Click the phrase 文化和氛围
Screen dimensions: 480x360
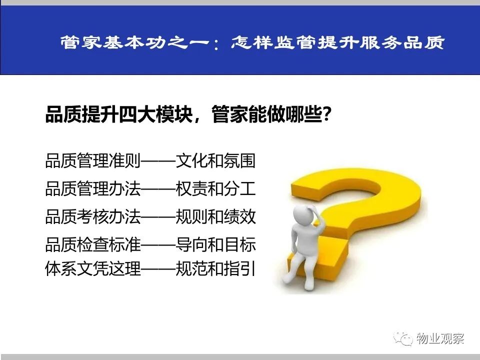click(215, 160)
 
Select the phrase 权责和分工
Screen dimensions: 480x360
click(215, 188)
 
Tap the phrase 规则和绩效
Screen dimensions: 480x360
click(215, 216)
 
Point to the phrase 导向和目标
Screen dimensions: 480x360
click(215, 244)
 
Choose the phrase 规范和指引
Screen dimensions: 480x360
click(215, 268)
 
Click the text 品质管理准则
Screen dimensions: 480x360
click(93, 160)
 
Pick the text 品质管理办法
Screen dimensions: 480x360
click(93, 188)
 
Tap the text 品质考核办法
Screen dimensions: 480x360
click(93, 216)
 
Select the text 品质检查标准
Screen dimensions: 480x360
click(93, 244)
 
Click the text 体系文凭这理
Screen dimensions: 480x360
click(93, 268)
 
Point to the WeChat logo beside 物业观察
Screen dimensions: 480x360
click(403, 338)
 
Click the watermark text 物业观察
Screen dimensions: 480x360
click(440, 338)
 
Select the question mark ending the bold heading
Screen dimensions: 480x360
click(326, 114)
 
